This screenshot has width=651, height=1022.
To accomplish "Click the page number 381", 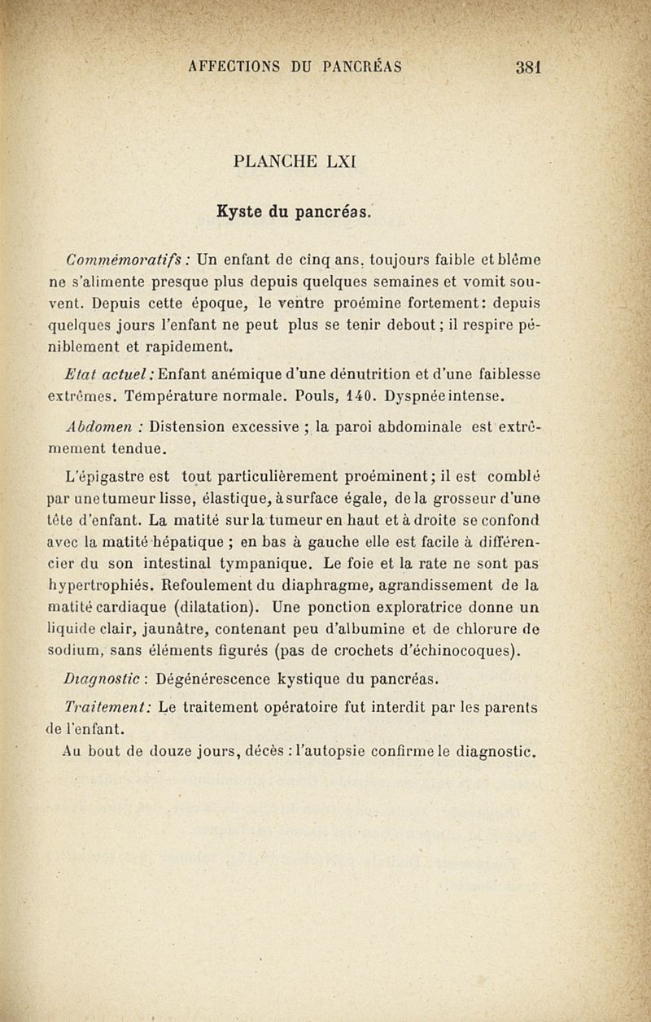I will pos(528,68).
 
